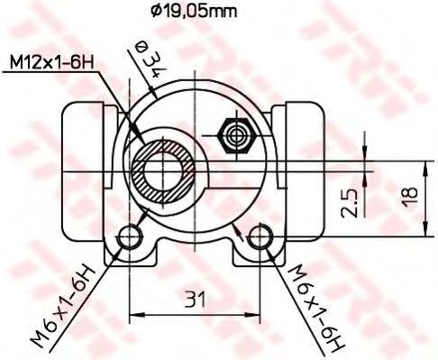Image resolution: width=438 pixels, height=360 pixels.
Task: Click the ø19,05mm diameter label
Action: click(x=194, y=12)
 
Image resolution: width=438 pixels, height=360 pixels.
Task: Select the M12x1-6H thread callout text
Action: click(x=51, y=63)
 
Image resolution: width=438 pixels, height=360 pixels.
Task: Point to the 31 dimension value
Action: click(x=196, y=300)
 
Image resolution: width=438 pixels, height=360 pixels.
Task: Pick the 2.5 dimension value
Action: click(x=350, y=203)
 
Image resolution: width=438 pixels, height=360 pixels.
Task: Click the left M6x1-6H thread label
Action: click(x=62, y=304)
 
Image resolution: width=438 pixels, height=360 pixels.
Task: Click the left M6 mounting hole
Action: click(x=130, y=236)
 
